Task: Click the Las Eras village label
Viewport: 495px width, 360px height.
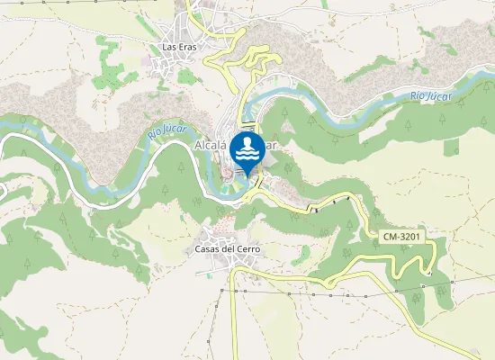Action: (180, 47)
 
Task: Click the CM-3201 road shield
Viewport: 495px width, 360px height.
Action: (401, 237)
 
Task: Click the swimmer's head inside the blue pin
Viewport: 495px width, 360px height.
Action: (247, 142)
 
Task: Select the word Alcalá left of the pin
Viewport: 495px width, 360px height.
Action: (211, 144)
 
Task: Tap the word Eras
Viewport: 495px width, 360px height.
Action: (188, 47)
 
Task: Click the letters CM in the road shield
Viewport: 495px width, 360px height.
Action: (390, 237)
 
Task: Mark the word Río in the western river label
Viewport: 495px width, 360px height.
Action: (156, 137)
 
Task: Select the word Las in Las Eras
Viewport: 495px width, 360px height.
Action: (168, 47)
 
